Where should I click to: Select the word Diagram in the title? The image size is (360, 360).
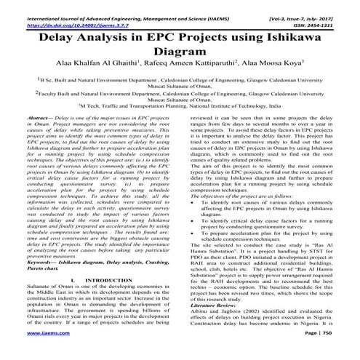tap(180, 52)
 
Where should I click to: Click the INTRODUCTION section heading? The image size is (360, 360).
tap(103, 259)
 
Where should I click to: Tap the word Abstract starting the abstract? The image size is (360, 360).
tap(39, 117)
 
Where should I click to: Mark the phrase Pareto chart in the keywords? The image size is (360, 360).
tap(44, 247)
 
